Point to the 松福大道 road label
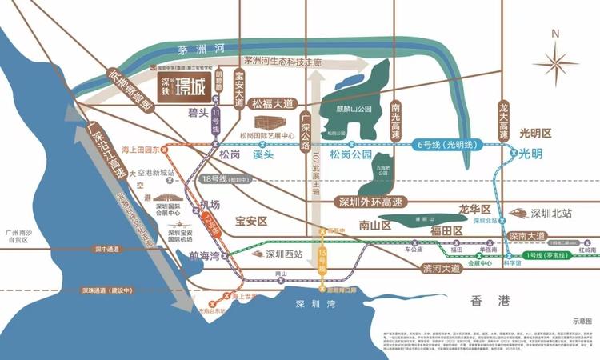click(274, 104)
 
